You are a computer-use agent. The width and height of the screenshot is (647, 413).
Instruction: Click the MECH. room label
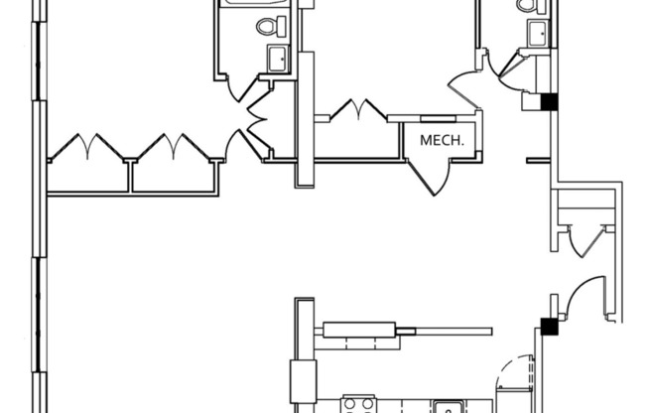(442, 140)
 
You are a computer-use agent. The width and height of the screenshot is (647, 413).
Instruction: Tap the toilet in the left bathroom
(271, 27)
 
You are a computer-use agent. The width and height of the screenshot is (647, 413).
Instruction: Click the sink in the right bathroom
(538, 33)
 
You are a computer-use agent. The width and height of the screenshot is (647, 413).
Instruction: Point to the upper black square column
(549, 102)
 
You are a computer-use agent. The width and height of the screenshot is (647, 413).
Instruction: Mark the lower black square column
(549, 326)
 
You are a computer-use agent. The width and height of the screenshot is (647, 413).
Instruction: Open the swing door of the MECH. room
(429, 177)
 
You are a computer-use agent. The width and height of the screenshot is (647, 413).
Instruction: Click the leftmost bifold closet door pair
(87, 147)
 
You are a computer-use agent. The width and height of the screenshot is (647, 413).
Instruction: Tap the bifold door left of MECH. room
(358, 109)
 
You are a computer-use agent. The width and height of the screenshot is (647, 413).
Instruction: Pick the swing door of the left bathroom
(241, 88)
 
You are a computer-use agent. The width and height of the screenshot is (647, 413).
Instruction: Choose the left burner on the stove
(350, 403)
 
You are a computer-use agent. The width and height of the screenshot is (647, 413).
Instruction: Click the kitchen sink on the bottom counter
(448, 407)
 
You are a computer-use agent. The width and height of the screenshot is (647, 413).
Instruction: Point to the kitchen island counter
(359, 331)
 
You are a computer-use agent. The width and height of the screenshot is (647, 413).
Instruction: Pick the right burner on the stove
(368, 403)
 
